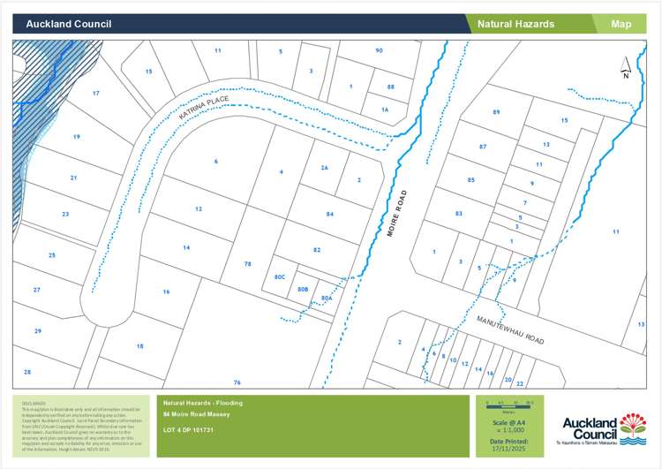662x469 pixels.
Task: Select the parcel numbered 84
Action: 330,214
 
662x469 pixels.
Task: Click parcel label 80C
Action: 281,277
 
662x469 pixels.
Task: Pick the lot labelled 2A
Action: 324,167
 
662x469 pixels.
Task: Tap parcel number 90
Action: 379,50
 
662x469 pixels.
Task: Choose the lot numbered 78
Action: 248,264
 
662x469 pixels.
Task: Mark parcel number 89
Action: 496,112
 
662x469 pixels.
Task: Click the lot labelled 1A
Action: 385,109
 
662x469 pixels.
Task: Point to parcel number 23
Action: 64,214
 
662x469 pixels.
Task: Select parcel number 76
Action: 237,382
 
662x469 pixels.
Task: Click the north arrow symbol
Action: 626,67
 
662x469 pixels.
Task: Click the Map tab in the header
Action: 621,24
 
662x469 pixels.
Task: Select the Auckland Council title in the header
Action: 61,24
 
